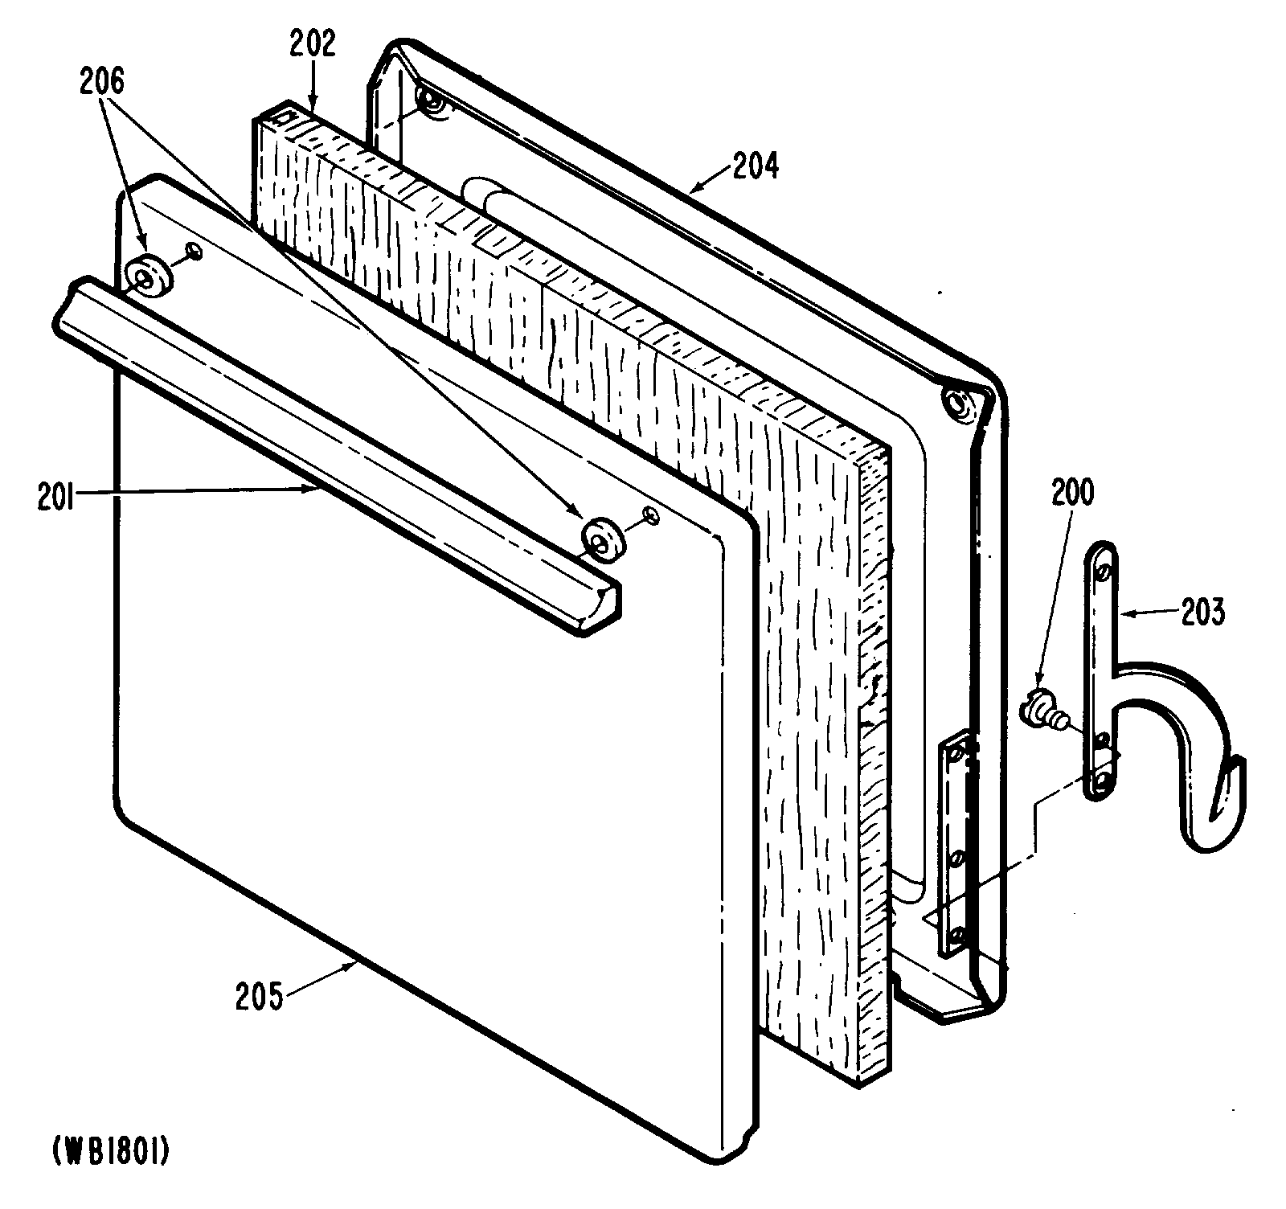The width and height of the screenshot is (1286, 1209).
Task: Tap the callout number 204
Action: pos(755,166)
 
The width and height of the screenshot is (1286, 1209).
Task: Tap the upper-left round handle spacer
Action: pos(149,278)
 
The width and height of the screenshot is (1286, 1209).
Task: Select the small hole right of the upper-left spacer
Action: pos(193,253)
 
